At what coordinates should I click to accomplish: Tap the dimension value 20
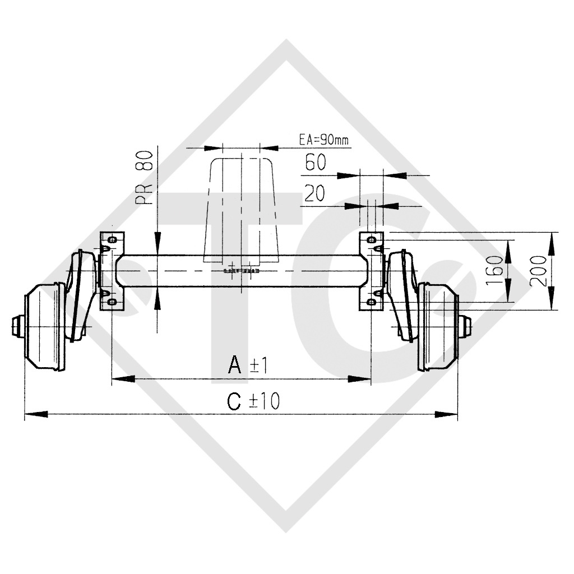314,194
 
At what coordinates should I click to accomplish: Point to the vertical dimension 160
494,271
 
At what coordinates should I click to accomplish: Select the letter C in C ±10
235,401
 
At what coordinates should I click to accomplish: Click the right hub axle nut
465,326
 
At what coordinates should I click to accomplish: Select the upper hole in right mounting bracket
371,240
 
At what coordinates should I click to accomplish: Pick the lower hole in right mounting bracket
371,302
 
